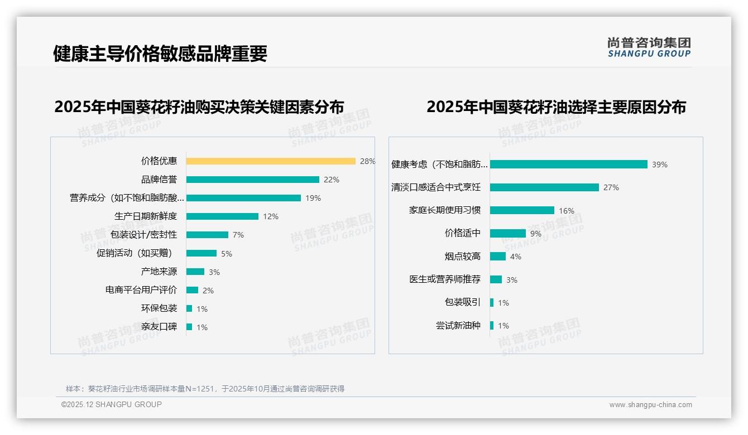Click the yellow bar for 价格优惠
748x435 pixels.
271,161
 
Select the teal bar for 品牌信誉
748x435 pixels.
252,180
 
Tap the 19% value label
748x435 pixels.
313,198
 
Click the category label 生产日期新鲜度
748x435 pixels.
146,216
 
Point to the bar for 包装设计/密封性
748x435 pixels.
207,235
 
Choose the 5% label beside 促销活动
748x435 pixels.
226,254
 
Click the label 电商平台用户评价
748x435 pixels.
141,290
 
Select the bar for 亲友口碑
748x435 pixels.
189,327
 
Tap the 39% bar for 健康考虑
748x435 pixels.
568,165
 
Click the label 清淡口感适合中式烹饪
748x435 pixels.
436,187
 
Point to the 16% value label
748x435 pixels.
566,211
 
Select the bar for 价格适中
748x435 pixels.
508,234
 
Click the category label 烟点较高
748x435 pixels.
463,257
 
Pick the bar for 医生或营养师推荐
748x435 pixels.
496,279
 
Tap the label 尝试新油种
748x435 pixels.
458,326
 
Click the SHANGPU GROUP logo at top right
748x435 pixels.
649,47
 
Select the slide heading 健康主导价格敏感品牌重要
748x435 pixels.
160,54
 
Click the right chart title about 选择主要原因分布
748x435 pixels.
556,107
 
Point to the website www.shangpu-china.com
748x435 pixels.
650,405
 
